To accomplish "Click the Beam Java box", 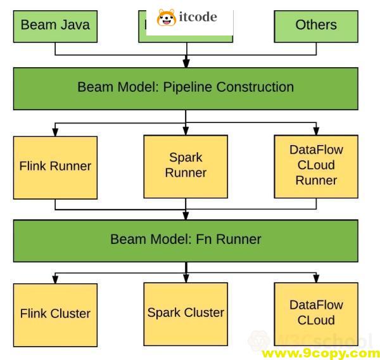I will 55,25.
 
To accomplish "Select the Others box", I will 315,25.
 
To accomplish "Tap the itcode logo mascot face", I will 167,18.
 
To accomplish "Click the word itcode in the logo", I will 198,17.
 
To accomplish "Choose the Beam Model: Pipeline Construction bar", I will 186,87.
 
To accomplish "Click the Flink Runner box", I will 55,166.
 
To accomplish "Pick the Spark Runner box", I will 186,165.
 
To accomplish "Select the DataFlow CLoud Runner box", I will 315,165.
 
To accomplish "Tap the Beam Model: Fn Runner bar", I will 186,239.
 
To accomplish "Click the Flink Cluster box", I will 55,313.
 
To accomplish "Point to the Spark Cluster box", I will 186,312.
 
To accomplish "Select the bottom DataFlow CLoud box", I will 315,312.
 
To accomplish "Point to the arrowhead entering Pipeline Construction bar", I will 186,63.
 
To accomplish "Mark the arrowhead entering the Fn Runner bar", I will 186,215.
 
